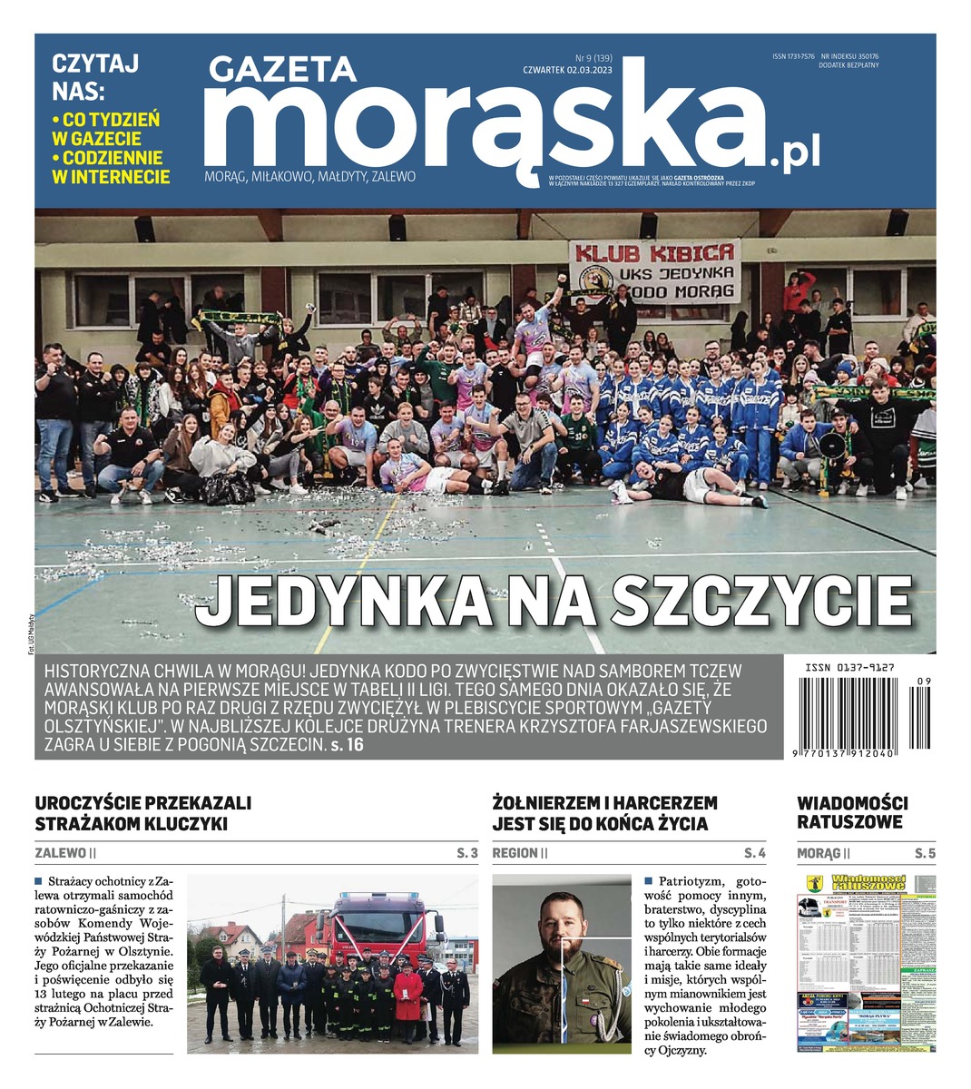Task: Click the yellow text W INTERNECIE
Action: coord(112,178)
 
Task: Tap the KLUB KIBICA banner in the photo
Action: coord(654,270)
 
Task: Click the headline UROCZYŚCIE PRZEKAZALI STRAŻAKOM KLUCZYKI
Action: coord(142,813)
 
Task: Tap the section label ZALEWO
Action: coord(62,853)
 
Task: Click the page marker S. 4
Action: coord(754,853)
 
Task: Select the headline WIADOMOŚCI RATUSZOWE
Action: coord(852,813)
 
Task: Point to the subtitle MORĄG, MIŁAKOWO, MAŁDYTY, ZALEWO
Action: coord(310,176)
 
